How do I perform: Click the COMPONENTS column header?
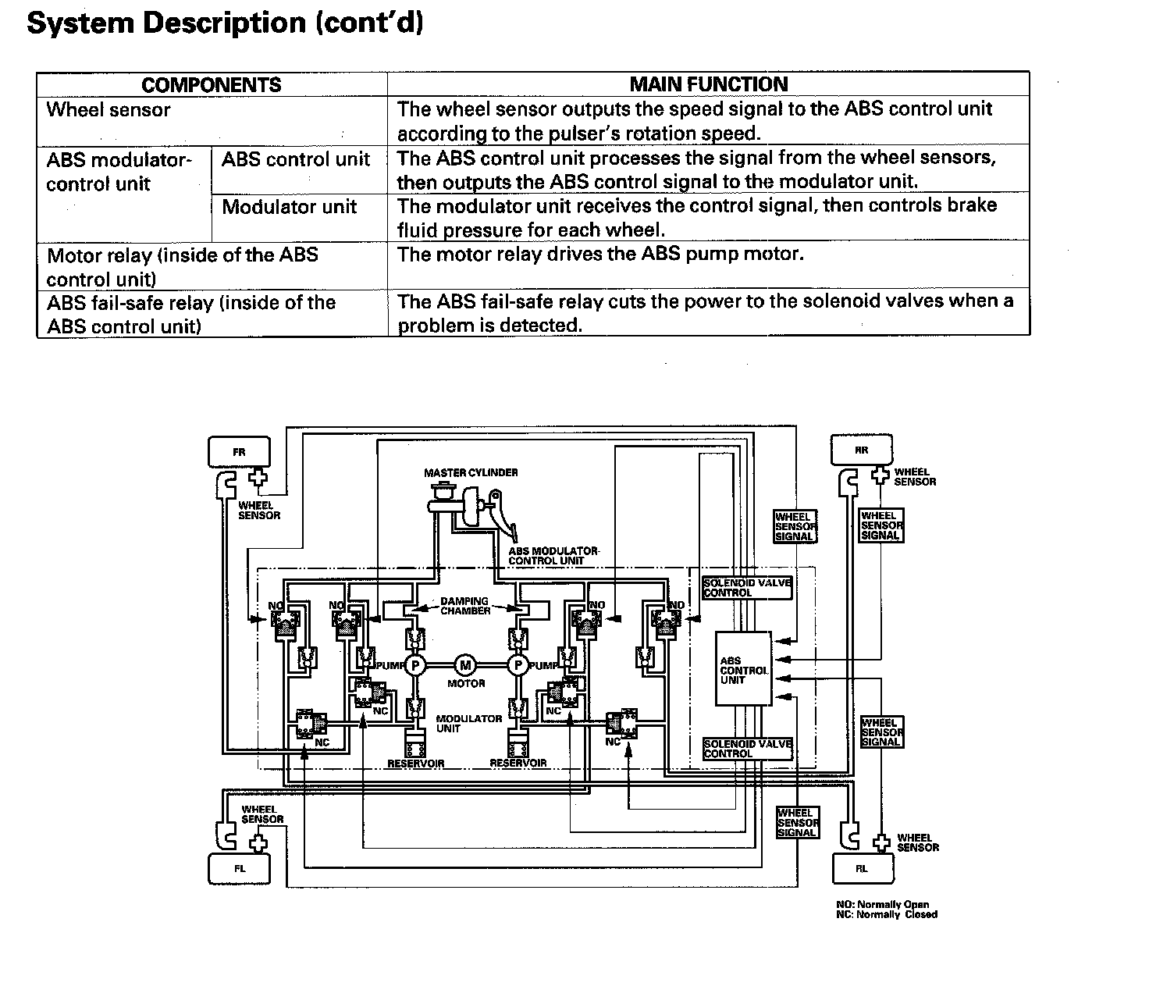212,85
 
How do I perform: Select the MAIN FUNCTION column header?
709,84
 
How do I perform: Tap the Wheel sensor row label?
109,110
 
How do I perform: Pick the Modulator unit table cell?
290,207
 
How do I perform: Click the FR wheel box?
239,452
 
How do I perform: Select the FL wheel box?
239,868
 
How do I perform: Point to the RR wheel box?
861,450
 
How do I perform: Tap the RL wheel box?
863,868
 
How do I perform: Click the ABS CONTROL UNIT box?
744,670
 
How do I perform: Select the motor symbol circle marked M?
466,665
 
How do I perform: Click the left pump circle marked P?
416,665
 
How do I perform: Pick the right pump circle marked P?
518,665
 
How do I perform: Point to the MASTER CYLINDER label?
471,472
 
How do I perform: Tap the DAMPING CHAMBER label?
465,606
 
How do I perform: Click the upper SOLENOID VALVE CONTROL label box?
747,588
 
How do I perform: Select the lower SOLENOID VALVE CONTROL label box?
747,749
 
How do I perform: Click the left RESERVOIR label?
416,764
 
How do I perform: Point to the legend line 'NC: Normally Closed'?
886,914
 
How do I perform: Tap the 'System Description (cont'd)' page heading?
225,23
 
